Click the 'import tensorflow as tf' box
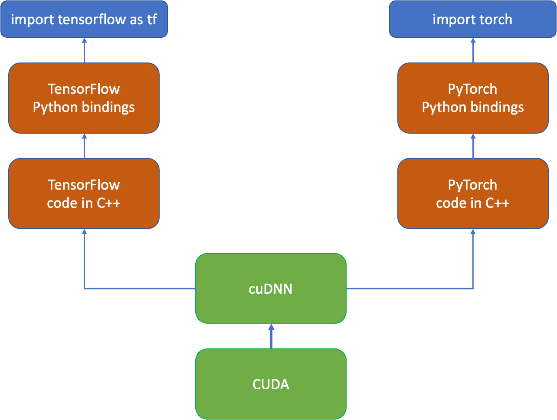pos(84,20)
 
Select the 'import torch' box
pos(472,20)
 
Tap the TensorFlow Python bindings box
pos(84,98)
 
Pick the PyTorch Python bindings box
pos(472,98)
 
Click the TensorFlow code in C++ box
pos(84,194)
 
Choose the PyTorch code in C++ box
pos(472,194)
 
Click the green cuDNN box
pos(271,289)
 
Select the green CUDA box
pos(271,384)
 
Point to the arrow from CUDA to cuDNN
pos(271,337)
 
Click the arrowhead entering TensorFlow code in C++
pos(84,232)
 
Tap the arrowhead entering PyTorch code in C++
pos(473,232)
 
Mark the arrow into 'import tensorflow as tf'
pos(84,50)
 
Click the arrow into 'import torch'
pos(473,50)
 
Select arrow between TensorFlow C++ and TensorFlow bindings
pos(84,146)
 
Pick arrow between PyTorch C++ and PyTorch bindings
pos(473,146)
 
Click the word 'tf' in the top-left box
pos(151,20)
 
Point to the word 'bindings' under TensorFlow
pos(108,107)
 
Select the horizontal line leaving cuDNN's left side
pos(139,288)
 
